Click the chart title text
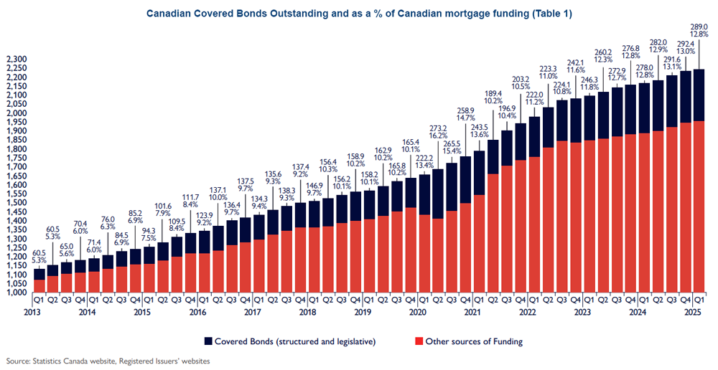click(359, 14)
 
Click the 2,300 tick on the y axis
click(15, 60)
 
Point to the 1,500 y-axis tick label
click(15, 203)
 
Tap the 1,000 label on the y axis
click(15, 293)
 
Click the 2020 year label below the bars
click(416, 313)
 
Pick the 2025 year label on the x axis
click(693, 313)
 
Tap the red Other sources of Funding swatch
click(418, 341)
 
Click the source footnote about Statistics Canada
click(108, 361)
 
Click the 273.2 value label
click(438, 128)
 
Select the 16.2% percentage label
click(438, 136)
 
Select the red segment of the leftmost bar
click(39, 285)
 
